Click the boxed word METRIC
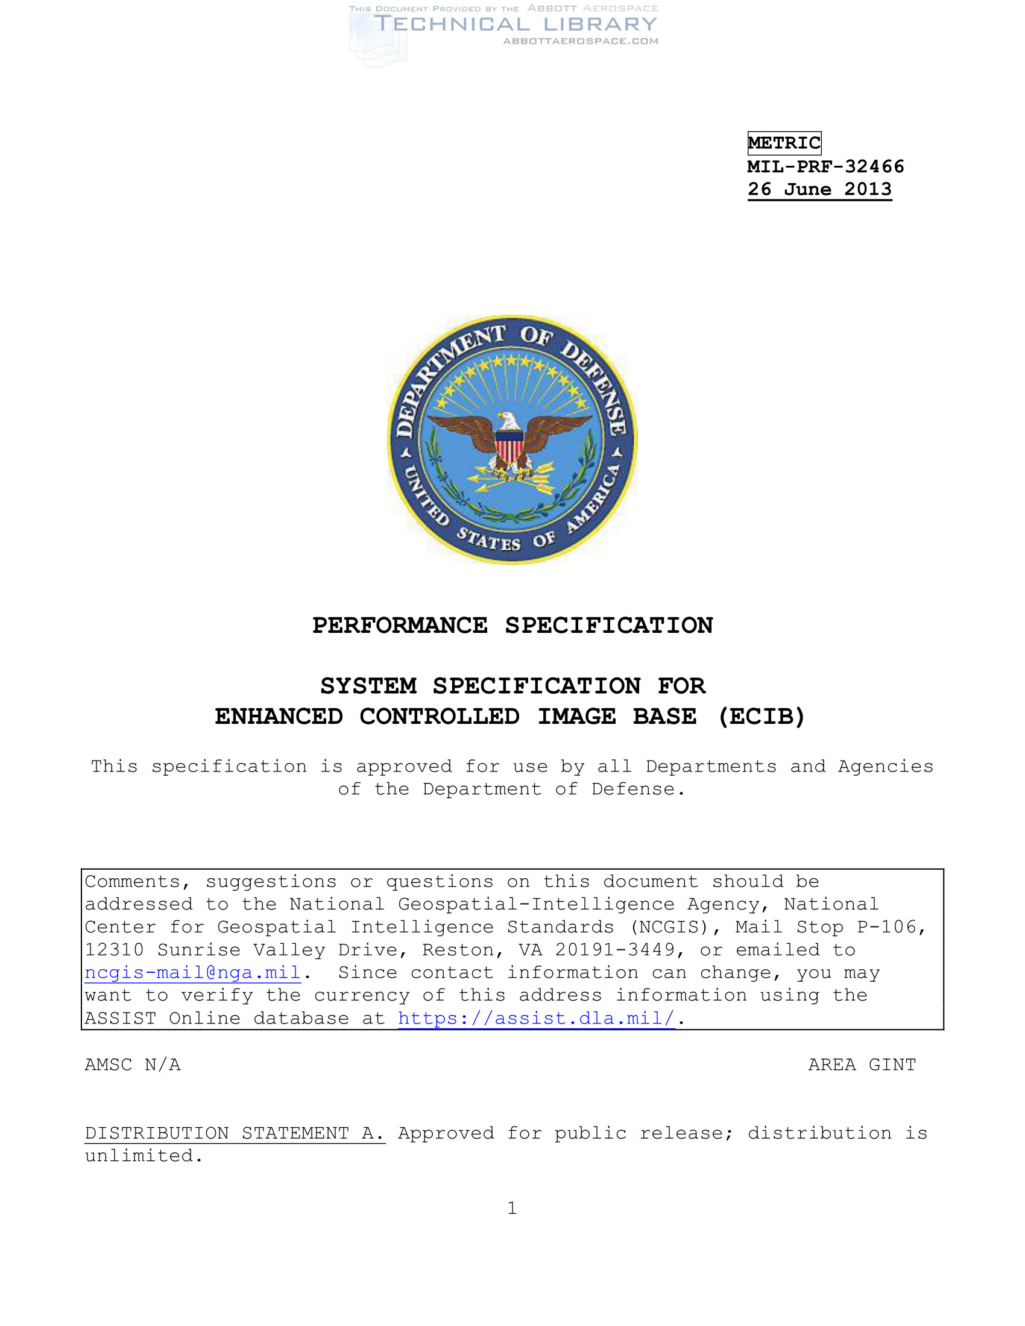click(784, 143)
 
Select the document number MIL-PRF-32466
click(825, 166)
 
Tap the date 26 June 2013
click(819, 189)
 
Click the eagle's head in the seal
click(507, 419)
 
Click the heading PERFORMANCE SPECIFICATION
click(512, 626)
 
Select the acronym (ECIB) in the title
click(762, 717)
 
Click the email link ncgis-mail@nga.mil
click(192, 973)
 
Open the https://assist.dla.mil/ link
click(536, 1018)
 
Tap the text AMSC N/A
click(133, 1064)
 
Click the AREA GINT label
click(862, 1064)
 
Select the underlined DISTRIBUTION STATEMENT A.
click(235, 1133)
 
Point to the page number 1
click(512, 1208)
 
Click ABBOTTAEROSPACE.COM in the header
click(581, 41)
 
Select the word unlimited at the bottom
click(143, 1155)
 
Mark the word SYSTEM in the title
click(368, 686)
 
